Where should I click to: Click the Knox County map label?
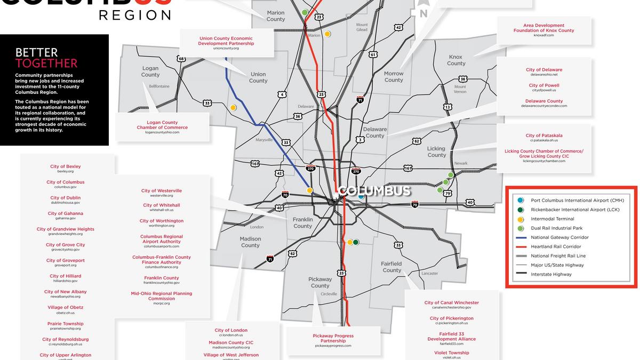pos(456,60)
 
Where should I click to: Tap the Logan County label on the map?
pos(150,71)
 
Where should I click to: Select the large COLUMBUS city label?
pos(375,191)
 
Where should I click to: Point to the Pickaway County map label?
pos(320,282)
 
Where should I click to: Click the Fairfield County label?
pos(391,267)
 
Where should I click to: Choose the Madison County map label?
pos(250,242)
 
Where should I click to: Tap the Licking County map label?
pos(436,152)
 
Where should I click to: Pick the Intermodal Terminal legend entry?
pos(553,219)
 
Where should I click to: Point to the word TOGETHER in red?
pos(46,63)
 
